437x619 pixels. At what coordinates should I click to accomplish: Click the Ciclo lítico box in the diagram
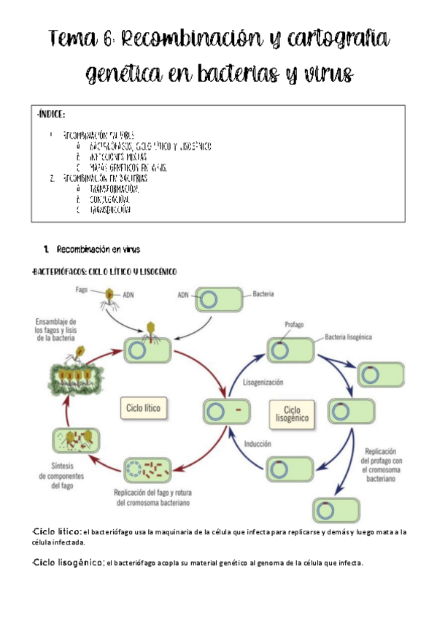[x=143, y=407]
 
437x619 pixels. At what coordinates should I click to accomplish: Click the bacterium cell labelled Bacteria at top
[x=218, y=299]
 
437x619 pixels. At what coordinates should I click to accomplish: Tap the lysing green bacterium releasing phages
[x=73, y=375]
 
